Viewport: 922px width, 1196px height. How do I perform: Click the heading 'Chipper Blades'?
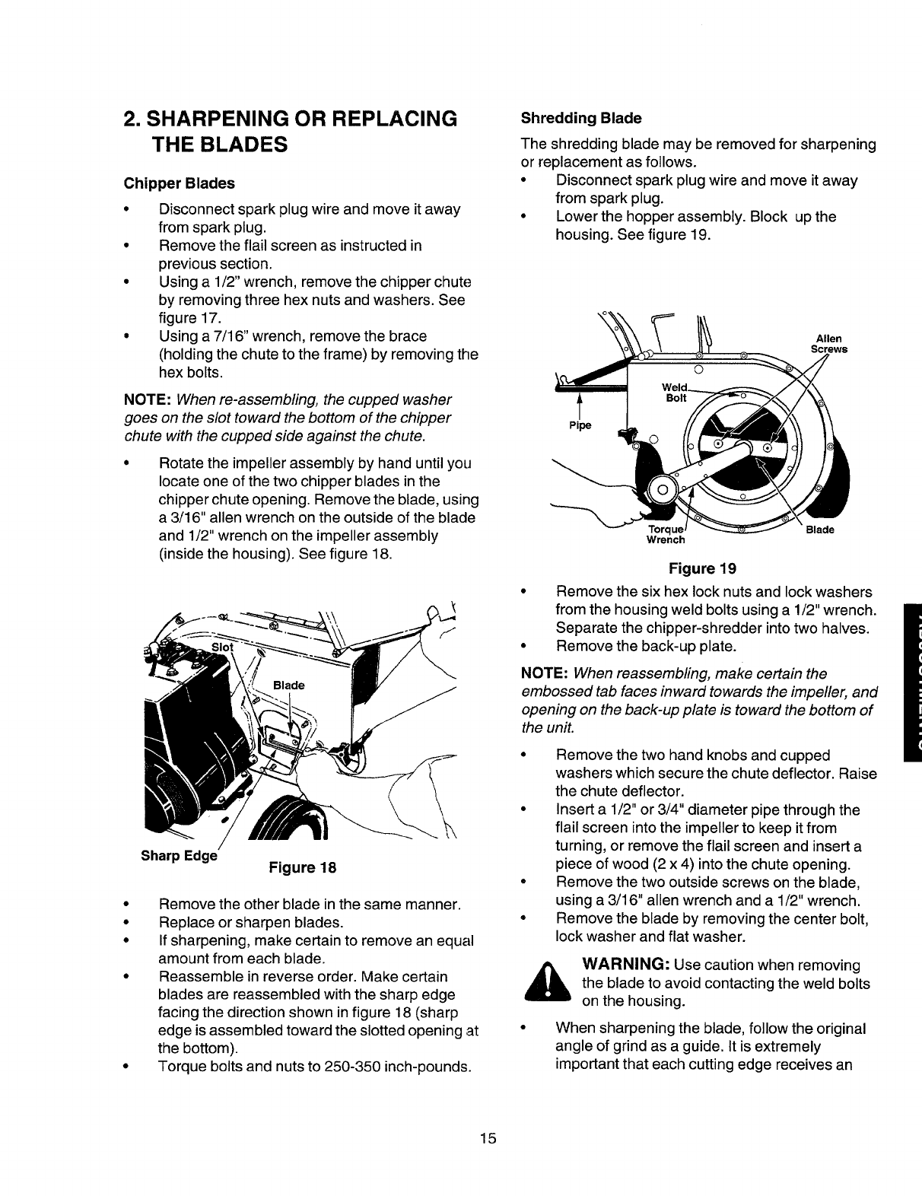pyautogui.click(x=180, y=183)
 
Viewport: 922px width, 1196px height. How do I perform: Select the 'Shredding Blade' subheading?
pyautogui.click(x=580, y=118)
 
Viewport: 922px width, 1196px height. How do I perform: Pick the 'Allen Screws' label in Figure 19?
pyautogui.click(x=828, y=345)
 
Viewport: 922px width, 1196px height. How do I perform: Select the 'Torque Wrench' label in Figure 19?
pyautogui.click(x=666, y=534)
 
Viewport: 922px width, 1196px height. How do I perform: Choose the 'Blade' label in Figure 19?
pyautogui.click(x=820, y=529)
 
